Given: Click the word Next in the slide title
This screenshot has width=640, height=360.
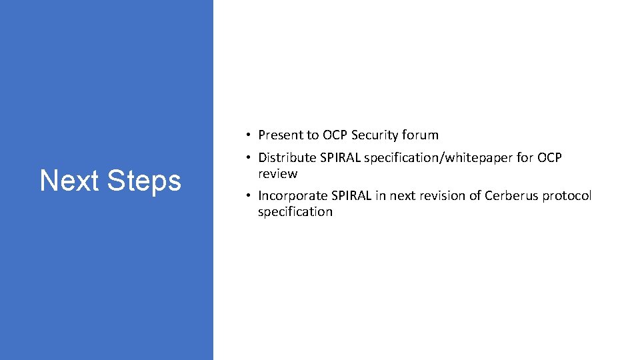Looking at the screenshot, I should tap(69, 181).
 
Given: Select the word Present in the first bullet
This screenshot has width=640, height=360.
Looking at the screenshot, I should tap(280, 135).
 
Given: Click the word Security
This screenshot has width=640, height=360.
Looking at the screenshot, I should tap(374, 135).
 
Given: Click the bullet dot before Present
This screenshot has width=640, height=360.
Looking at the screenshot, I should tap(247, 135).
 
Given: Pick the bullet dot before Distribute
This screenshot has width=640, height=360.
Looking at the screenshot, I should tap(247, 158).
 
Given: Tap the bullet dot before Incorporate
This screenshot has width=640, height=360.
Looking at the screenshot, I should tap(247, 196).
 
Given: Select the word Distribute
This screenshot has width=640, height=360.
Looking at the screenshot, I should tap(285, 158).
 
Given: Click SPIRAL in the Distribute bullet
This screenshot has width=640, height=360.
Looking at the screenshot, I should tap(338, 158).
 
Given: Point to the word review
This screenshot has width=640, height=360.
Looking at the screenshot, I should tap(277, 174).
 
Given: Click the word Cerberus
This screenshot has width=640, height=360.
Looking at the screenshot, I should tap(511, 196).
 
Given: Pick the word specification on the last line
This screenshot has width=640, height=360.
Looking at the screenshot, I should tap(295, 212).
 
